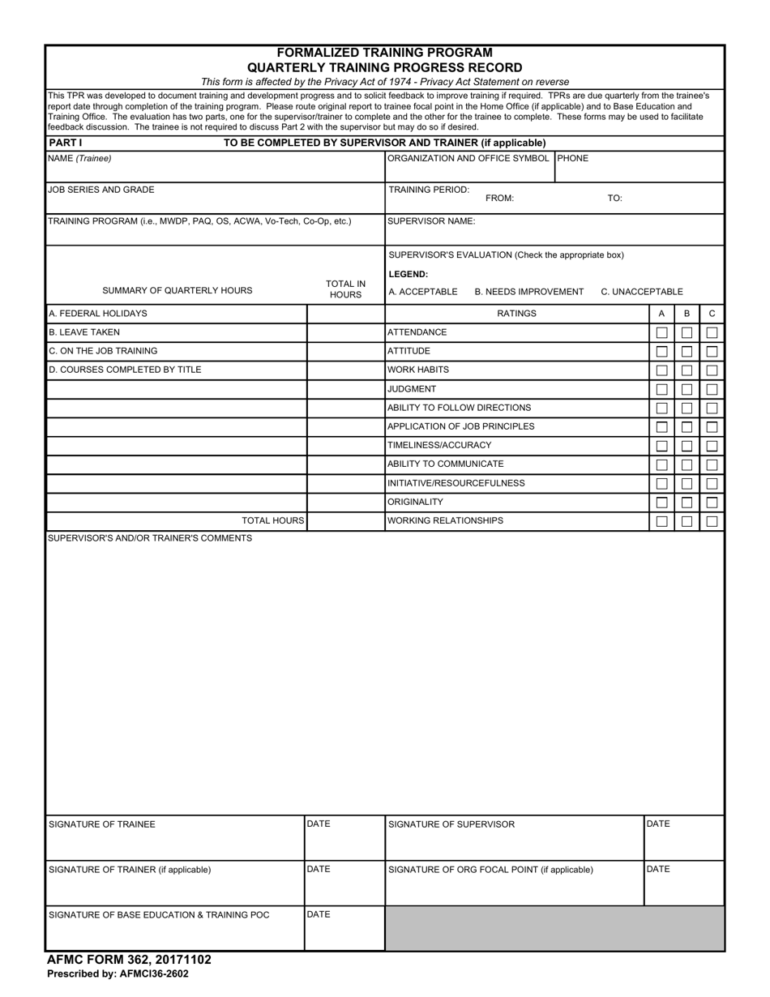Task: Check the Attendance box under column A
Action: [x=661, y=332]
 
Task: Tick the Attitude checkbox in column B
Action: [x=687, y=352]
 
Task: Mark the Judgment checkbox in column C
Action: [x=712, y=389]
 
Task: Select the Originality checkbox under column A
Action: [x=661, y=503]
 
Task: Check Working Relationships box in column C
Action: [x=712, y=521]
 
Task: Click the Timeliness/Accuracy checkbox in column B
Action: [x=687, y=446]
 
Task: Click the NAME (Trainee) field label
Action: [x=80, y=159]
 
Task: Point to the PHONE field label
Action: [x=573, y=159]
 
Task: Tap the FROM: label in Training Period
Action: [x=499, y=198]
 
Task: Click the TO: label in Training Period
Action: [x=614, y=198]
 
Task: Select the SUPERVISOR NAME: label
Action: [x=431, y=220]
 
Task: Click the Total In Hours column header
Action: [x=345, y=289]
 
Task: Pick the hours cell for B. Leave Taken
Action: [x=345, y=332]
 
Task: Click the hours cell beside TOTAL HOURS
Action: [x=345, y=521]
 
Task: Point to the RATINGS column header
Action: [x=516, y=314]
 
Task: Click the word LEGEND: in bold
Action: [x=409, y=274]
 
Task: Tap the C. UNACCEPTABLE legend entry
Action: [x=641, y=292]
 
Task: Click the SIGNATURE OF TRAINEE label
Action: [x=102, y=824]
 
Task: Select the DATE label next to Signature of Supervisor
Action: [x=658, y=824]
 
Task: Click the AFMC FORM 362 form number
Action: [x=129, y=960]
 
